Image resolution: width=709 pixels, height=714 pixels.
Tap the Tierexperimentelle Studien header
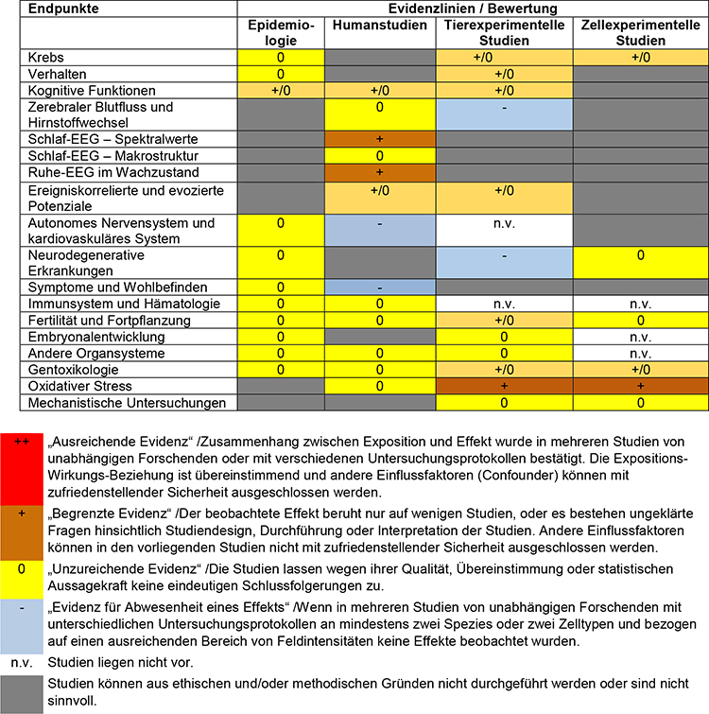pos(504,34)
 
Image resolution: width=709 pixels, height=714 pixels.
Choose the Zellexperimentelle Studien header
pos(640,34)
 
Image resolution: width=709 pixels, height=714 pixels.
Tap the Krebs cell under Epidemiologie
pos(279,58)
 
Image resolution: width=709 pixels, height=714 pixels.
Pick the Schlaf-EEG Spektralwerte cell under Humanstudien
pos(378,139)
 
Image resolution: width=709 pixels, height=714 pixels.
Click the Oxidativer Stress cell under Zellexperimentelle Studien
pos(640,386)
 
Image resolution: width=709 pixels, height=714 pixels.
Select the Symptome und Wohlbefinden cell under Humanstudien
pos(378,287)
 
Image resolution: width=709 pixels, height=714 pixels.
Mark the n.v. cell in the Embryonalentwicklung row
pos(640,337)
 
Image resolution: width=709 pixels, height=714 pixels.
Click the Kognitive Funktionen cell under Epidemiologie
pos(279,90)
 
